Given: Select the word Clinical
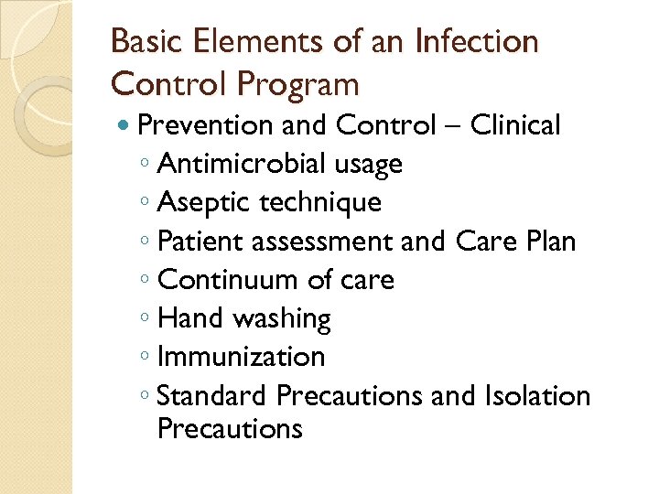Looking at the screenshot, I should (514, 125).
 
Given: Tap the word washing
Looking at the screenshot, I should (282, 318).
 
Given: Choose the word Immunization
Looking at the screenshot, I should (241, 357).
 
